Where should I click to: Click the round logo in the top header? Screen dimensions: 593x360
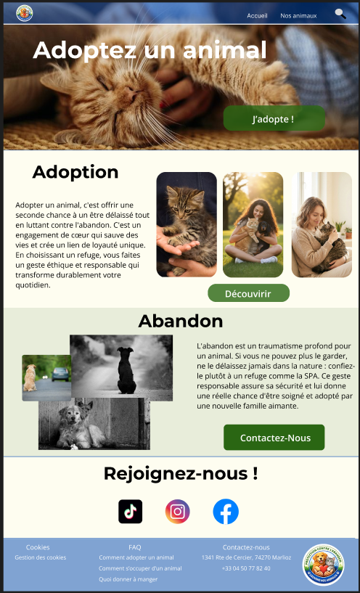[24, 13]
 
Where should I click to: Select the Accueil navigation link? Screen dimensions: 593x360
[257, 15]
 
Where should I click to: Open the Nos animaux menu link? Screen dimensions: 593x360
[298, 15]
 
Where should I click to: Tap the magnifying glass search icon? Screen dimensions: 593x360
[340, 14]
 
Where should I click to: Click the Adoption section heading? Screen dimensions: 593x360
[75, 172]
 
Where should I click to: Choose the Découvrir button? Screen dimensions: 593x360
[248, 293]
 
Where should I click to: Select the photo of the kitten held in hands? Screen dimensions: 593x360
[187, 224]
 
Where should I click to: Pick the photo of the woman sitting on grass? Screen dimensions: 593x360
[253, 224]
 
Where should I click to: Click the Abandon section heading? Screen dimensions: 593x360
[180, 321]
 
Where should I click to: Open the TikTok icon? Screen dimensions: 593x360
[131, 512]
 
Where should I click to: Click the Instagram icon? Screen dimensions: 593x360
[177, 512]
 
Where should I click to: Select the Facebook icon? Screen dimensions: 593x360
[226, 512]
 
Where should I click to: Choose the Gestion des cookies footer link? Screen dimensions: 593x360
[41, 557]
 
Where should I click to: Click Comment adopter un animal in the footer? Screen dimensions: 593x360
[136, 557]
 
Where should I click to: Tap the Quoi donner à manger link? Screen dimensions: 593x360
[128, 579]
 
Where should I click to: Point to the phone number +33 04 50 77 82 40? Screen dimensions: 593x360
[246, 568]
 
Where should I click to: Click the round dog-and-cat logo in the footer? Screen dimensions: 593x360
[323, 565]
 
